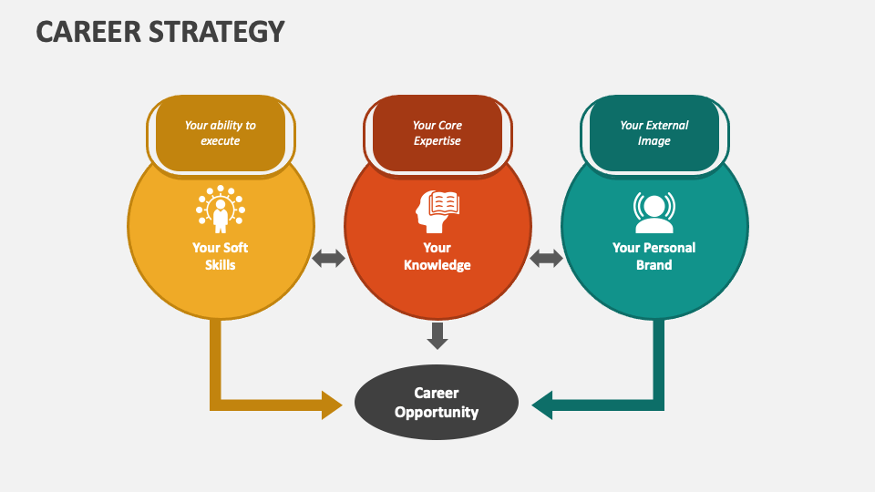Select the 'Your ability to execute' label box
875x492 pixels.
pos(220,133)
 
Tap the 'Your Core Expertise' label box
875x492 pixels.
pos(437,133)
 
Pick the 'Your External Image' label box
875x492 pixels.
pos(654,133)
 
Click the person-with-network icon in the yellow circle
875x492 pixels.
pos(220,210)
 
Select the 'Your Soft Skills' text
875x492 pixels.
pos(220,256)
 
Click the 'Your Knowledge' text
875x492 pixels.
pos(437,256)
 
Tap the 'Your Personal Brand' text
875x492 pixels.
pos(654,256)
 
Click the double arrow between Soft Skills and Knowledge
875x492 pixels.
pos(329,259)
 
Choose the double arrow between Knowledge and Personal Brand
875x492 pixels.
pos(546,259)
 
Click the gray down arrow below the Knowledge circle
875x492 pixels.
pos(437,335)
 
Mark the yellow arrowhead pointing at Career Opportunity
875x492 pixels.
pos(332,404)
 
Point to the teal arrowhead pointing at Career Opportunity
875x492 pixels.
pos(543,404)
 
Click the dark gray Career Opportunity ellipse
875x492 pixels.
pos(437,403)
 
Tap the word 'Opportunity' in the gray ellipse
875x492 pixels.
pos(437,412)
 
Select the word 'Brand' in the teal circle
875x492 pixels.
pos(654,265)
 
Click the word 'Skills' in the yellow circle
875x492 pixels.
pos(220,265)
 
